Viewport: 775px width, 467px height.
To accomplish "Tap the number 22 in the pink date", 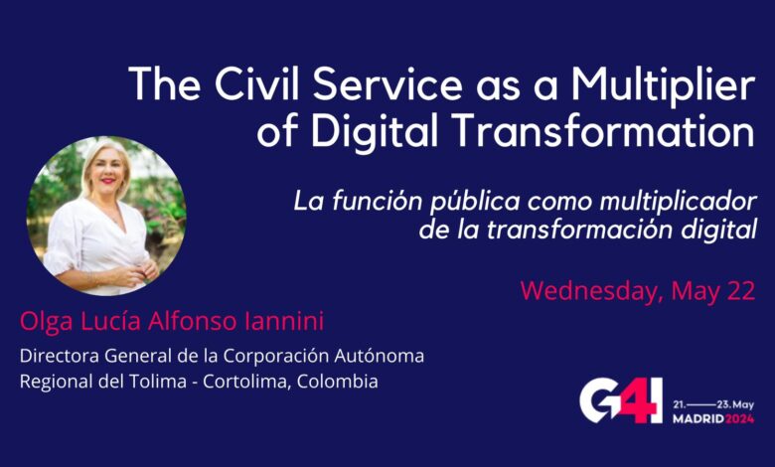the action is [740, 290].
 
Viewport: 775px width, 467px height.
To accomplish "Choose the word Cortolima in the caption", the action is [245, 382].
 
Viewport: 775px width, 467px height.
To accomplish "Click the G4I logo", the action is [620, 404].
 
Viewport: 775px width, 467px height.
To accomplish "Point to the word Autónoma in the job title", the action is [379, 356].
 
